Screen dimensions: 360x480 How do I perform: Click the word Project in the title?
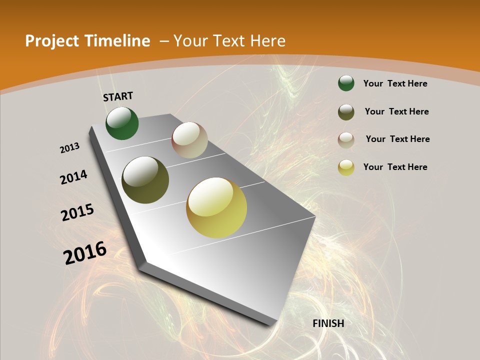click(48, 41)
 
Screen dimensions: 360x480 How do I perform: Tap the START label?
click(118, 96)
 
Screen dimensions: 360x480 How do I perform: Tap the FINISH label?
click(328, 323)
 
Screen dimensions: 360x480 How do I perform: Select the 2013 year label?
click(70, 147)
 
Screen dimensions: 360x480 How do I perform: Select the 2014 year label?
click(73, 177)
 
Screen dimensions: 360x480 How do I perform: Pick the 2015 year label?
click(77, 212)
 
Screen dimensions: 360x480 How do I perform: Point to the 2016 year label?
click(85, 252)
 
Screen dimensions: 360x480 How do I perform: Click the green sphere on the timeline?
click(122, 123)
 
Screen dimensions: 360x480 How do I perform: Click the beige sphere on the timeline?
click(189, 140)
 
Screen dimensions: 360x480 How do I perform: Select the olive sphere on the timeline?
click(145, 180)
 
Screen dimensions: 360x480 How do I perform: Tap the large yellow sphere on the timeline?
click(216, 207)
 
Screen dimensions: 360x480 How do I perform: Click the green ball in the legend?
click(346, 83)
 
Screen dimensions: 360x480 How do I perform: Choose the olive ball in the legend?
click(346, 112)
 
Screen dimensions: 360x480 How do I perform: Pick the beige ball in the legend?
click(346, 140)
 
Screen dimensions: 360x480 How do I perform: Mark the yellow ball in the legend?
click(346, 167)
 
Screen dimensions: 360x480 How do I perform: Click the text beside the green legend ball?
click(395, 83)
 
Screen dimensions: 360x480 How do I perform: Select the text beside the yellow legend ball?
click(395, 167)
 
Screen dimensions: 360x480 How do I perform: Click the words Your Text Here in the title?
click(229, 41)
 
